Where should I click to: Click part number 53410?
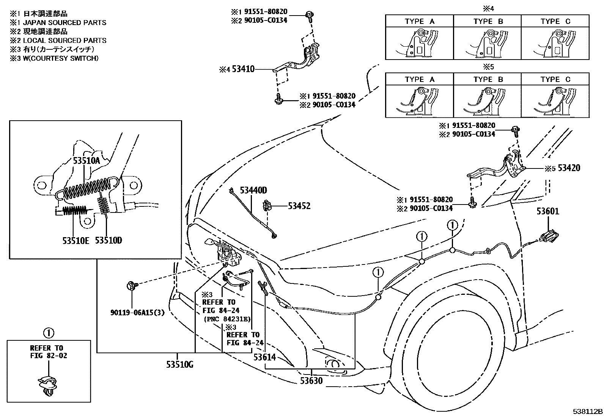tap(243, 69)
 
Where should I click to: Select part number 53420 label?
tap(569, 168)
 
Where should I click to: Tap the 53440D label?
tap(253, 190)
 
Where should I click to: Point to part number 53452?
tap(299, 206)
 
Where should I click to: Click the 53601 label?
tap(548, 211)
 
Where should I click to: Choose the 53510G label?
tap(180, 365)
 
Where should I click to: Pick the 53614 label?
tap(264, 357)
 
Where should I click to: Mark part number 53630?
tap(311, 381)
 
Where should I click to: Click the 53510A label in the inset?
tap(87, 161)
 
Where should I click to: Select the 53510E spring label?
tap(76, 241)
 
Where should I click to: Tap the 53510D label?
tap(109, 240)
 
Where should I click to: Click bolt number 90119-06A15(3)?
tap(137, 313)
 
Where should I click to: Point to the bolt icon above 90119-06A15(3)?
tap(132, 285)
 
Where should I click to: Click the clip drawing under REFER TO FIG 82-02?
tap(47, 386)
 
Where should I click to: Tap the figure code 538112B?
tap(588, 412)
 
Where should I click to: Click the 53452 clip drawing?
tap(267, 206)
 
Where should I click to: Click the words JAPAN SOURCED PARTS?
tap(65, 23)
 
